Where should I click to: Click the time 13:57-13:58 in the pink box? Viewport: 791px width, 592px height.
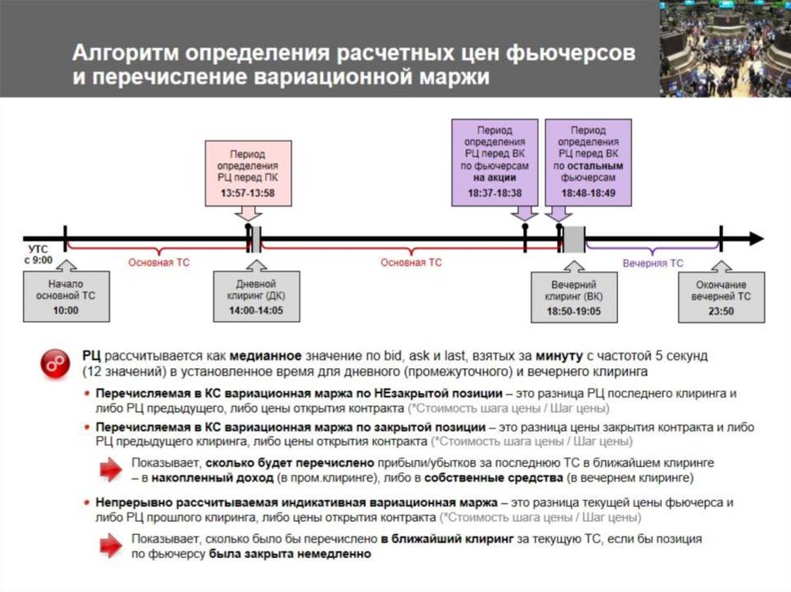coord(248,192)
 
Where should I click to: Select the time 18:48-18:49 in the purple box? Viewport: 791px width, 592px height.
coord(588,192)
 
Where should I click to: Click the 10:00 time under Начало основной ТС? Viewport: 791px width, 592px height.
coord(66,310)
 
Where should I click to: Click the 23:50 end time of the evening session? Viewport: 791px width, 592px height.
coord(721,310)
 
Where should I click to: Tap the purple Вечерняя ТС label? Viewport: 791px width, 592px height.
coord(653,263)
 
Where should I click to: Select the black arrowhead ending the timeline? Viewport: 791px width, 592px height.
coord(755,239)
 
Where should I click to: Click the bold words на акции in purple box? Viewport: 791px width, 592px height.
coord(494,177)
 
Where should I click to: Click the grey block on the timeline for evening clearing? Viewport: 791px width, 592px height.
coord(573,239)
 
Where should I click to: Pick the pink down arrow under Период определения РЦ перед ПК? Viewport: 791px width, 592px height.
coord(248,212)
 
